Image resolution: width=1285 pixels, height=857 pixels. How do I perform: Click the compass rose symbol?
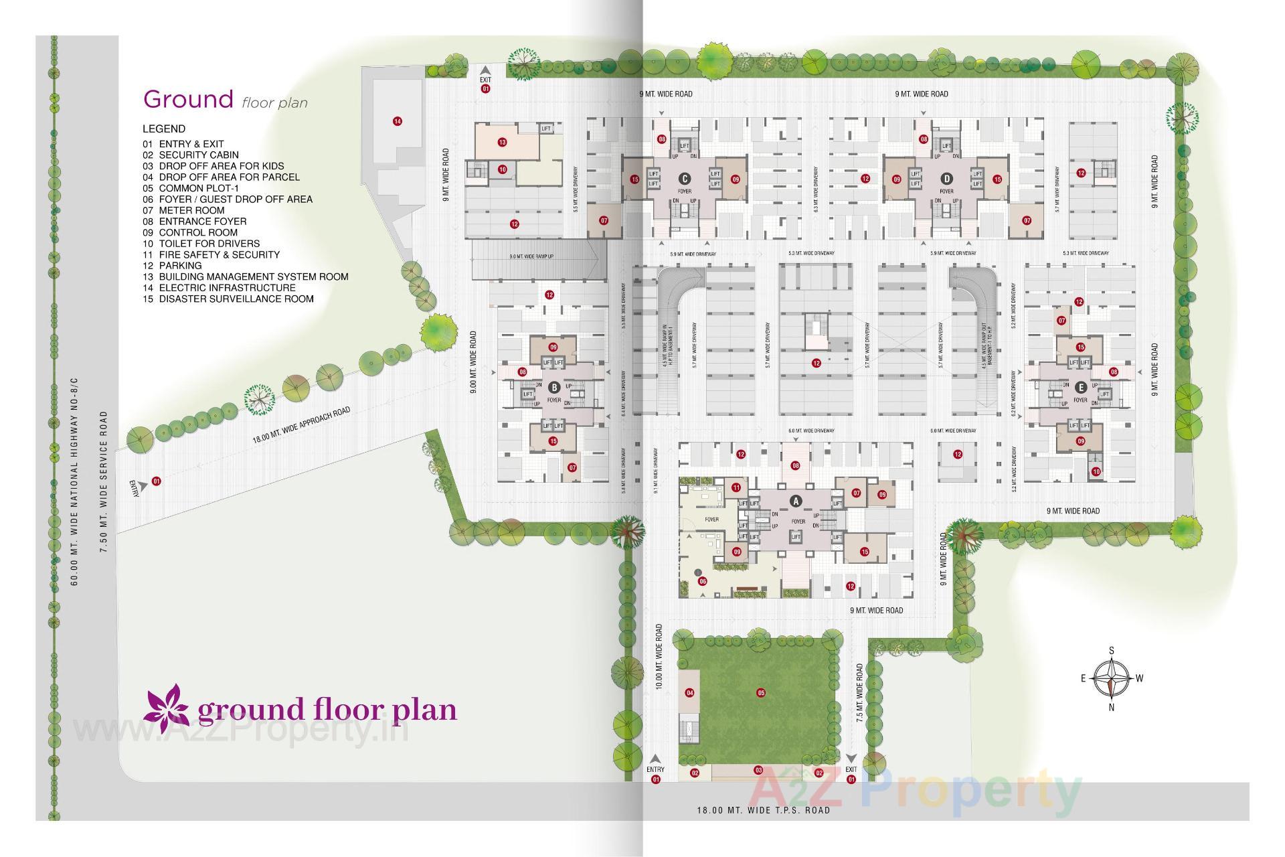click(1111, 678)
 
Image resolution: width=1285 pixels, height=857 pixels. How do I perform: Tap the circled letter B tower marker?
click(553, 387)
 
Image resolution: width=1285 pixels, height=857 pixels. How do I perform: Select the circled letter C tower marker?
click(684, 179)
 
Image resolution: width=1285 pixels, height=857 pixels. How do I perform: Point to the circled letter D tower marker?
click(946, 179)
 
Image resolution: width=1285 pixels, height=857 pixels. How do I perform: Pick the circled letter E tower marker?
click(1080, 387)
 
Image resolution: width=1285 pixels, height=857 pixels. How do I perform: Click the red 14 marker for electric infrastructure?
click(398, 121)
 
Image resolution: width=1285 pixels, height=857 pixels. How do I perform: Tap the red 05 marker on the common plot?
click(761, 693)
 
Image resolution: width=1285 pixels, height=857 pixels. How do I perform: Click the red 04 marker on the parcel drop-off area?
click(689, 693)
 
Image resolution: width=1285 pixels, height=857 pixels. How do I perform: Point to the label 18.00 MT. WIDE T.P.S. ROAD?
click(763, 810)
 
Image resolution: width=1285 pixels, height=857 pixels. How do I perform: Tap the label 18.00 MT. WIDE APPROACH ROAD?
click(301, 425)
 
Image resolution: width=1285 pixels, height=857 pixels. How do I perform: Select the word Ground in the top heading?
click(188, 99)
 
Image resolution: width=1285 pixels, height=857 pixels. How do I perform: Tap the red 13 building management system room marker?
click(502, 142)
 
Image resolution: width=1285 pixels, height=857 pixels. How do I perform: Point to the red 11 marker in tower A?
click(737, 487)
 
